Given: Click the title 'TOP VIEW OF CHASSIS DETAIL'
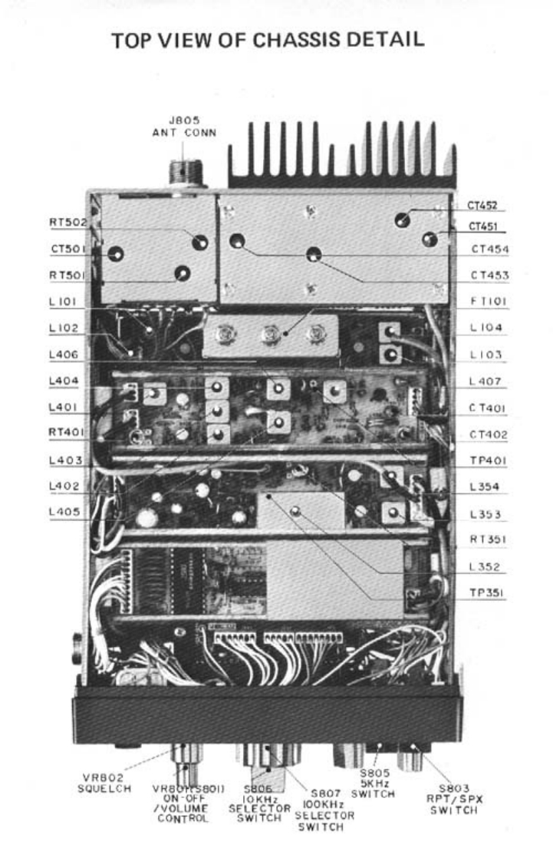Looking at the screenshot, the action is (x=268, y=41).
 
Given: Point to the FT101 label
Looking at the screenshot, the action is (x=485, y=302).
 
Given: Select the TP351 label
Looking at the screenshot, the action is (x=486, y=593).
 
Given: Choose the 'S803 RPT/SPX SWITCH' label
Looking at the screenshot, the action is (x=460, y=794).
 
